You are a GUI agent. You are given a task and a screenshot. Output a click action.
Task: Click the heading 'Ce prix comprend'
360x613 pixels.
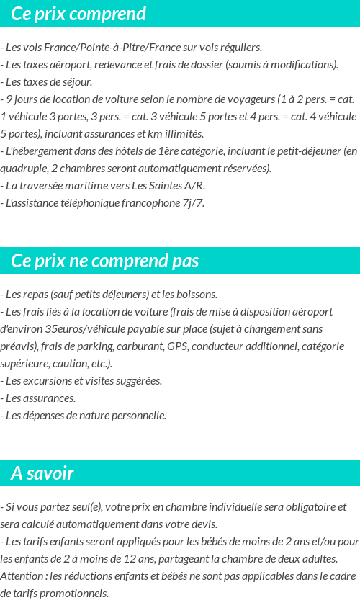[x=78, y=14]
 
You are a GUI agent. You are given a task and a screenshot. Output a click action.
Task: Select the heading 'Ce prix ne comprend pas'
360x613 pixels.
[x=105, y=261]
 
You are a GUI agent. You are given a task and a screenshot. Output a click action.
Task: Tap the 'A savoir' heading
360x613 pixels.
[x=42, y=473]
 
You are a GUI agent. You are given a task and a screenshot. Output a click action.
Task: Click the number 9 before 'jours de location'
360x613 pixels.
[x=9, y=99]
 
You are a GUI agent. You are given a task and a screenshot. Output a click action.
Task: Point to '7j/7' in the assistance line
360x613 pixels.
[x=194, y=203]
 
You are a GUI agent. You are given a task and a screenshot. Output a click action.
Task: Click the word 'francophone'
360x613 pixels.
[x=148, y=203]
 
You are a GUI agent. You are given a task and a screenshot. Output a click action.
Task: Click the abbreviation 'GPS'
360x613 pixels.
[x=177, y=346]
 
